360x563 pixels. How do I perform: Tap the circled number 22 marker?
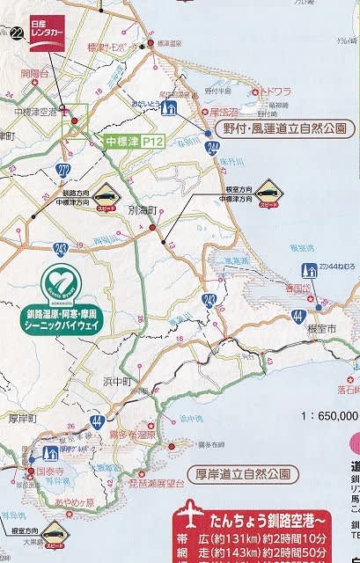pos(17,34)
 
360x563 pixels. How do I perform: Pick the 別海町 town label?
pos(141,212)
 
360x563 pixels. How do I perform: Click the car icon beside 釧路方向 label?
pos(105,194)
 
